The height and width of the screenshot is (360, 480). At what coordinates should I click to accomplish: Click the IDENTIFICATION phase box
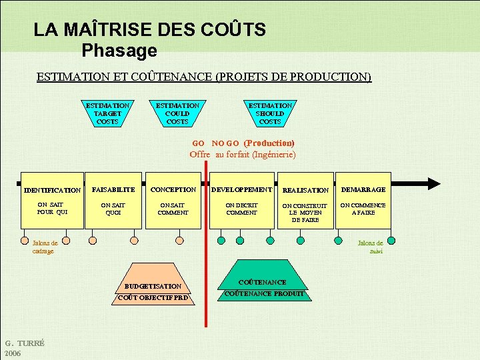coord(52,203)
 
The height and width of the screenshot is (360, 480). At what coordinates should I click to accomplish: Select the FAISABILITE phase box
coord(113,203)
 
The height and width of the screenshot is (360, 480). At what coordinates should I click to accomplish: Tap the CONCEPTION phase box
coord(173,203)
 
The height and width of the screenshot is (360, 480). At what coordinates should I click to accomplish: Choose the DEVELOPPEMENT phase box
coord(241,203)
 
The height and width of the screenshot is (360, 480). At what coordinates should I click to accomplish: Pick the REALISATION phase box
coord(305,203)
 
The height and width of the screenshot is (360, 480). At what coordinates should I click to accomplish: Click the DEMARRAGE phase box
coord(363,203)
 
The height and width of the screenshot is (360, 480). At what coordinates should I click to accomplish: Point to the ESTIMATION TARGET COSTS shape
coord(107,113)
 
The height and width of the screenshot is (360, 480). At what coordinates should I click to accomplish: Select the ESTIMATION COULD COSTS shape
coord(177,113)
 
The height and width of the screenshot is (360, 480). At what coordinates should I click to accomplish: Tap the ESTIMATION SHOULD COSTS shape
coord(270,113)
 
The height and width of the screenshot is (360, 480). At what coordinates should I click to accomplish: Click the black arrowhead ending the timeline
coord(434,183)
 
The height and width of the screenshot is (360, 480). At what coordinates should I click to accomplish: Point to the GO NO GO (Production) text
coord(243,143)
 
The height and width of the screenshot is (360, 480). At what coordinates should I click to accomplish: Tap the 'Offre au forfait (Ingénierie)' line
coord(242,154)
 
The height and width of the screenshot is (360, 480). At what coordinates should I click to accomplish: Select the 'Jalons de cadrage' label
coord(45,247)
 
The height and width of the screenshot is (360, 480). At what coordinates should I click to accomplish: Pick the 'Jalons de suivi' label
coord(371,247)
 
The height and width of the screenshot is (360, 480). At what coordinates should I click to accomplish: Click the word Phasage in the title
coord(119,50)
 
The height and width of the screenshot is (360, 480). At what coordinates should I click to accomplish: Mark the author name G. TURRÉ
coord(25,343)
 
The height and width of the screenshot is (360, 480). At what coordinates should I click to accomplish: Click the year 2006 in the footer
coord(13,353)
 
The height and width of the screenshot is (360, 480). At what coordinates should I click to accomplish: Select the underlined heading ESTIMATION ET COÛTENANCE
coord(203,77)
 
